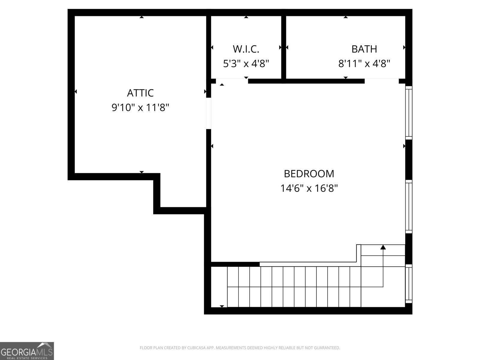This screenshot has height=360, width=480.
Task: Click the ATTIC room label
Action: pos(140,93)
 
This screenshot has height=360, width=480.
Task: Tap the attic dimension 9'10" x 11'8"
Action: pos(140,107)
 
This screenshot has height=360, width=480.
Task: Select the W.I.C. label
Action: pos(246,49)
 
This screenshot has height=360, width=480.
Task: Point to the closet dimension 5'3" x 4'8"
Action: pos(246,64)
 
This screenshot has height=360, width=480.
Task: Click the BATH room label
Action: pos(364,49)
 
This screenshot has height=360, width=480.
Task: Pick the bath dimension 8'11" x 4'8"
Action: pos(364,64)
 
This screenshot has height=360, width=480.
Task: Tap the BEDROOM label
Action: pos(309,174)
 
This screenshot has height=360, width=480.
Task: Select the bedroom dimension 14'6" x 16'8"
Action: pos(309,188)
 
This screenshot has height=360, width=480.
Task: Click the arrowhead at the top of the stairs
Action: pos(383,247)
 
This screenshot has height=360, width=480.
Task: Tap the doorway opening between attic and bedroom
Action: pos(208,113)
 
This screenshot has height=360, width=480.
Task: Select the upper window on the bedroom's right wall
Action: pos(409,112)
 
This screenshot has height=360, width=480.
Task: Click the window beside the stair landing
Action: pos(409,283)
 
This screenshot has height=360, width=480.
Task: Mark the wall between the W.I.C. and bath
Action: pos(283,47)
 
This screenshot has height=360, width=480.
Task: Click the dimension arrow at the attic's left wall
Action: pos(76,91)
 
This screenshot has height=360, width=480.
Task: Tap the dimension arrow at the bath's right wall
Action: pos(404,47)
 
